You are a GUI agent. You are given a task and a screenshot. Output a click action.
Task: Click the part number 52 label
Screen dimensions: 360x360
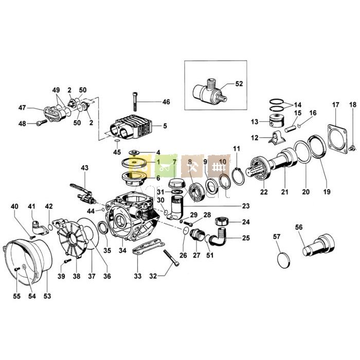click(x=239, y=83)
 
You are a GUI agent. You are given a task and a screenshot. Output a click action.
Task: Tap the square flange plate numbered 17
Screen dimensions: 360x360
click(x=338, y=134)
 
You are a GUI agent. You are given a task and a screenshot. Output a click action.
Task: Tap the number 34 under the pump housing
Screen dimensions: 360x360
click(x=122, y=250)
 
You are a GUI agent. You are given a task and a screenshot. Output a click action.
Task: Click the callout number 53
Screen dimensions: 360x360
click(x=47, y=296)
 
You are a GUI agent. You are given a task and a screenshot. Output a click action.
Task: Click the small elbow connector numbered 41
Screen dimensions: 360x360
click(x=37, y=224)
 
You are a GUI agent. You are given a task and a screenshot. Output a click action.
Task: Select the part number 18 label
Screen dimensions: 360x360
click(x=352, y=105)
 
